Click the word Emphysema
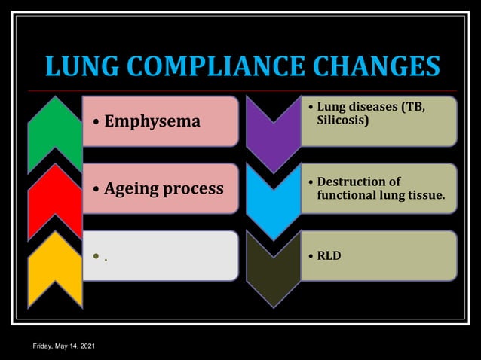point(152,121)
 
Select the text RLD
point(329,256)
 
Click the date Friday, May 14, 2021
point(63,346)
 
